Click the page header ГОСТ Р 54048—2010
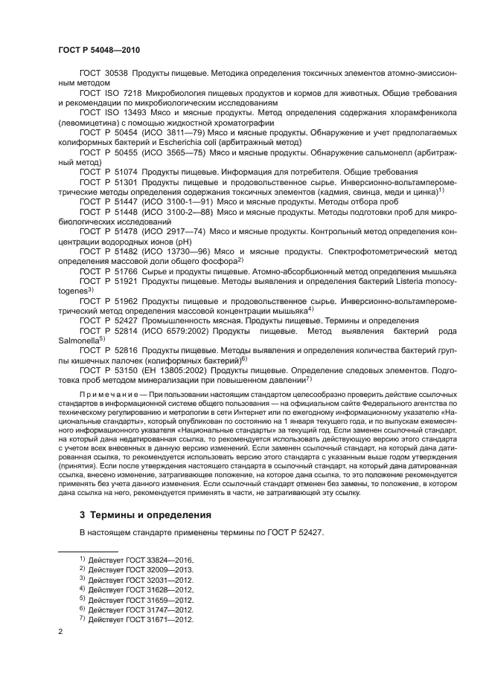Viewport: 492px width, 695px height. pyautogui.click(x=99, y=50)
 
